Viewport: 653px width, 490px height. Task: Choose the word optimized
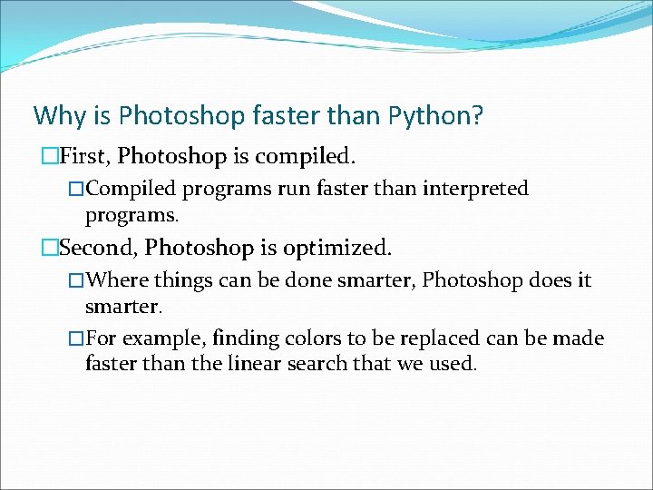point(337,247)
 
